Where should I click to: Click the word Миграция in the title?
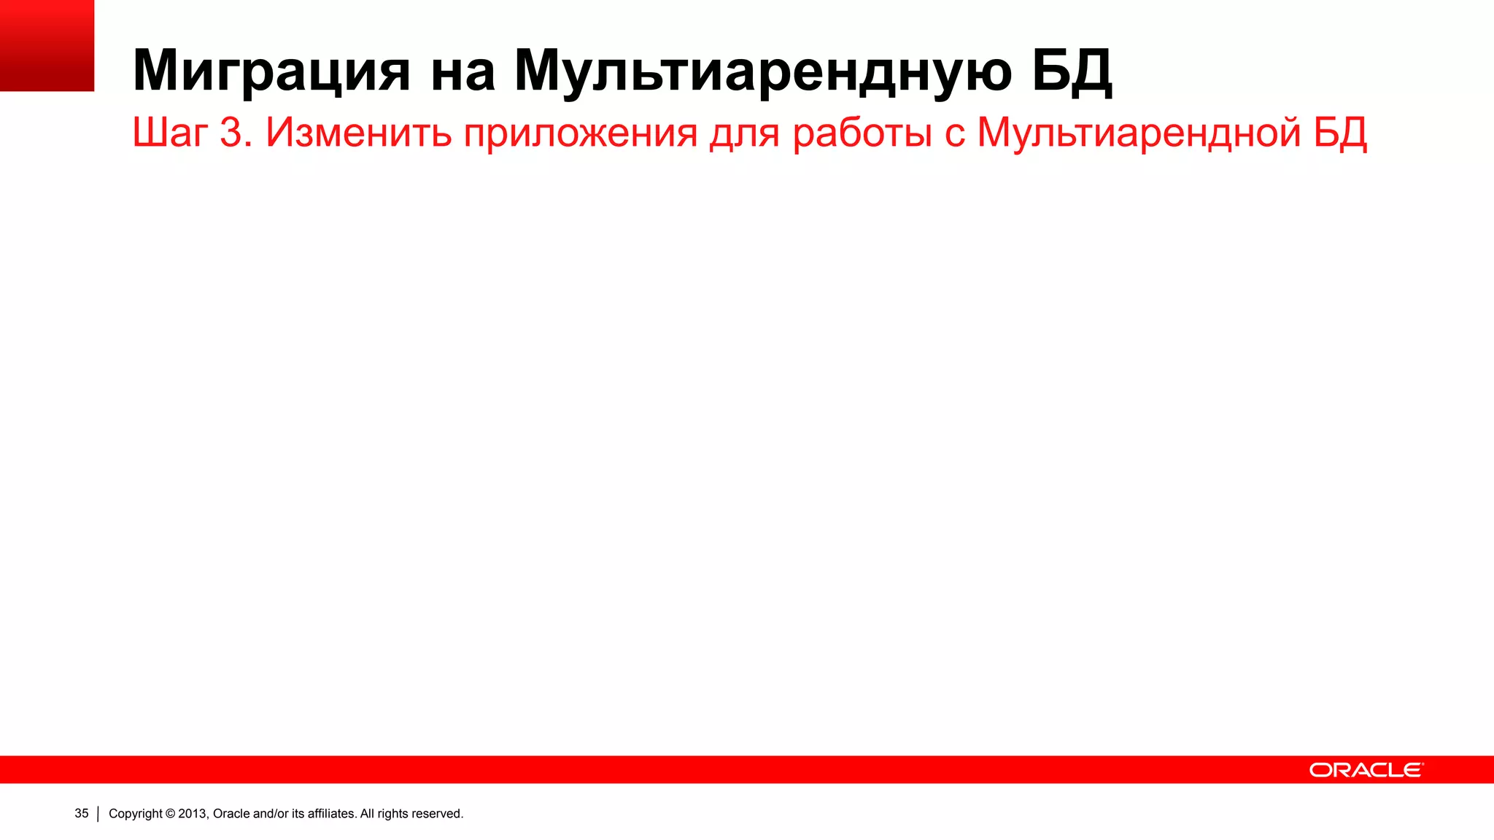(x=271, y=71)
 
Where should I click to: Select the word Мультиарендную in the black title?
(x=763, y=71)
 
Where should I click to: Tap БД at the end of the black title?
(x=1072, y=71)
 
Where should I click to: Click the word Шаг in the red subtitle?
(x=170, y=133)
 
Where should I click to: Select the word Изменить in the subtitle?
(x=358, y=133)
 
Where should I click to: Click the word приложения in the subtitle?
(x=581, y=134)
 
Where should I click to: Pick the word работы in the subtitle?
(x=862, y=133)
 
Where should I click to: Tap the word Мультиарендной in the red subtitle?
(x=1139, y=133)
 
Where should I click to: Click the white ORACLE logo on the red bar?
(x=1366, y=770)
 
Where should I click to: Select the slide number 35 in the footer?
(x=82, y=813)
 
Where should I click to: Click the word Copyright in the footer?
(x=136, y=814)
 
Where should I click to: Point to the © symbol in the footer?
(x=171, y=814)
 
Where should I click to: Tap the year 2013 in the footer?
(x=193, y=814)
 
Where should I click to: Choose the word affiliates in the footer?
(x=332, y=814)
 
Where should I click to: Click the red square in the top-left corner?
(x=47, y=45)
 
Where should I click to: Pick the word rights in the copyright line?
(x=392, y=814)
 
